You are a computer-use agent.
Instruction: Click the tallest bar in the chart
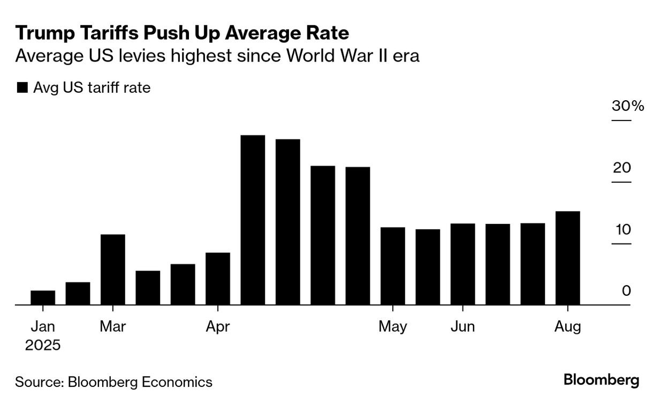coord(253,220)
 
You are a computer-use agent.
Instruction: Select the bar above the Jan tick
coord(43,297)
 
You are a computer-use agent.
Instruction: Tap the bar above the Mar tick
coord(113,270)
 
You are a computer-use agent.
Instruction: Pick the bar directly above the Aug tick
coord(567,258)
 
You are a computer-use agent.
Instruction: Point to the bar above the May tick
coord(393,266)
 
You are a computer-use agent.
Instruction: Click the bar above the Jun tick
coord(462,264)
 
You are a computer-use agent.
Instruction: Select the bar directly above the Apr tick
coord(218,279)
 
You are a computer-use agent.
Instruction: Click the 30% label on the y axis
coord(628,106)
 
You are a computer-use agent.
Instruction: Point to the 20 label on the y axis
coord(622,168)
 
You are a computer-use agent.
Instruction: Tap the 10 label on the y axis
coord(622,229)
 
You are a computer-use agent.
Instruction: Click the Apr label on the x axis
coord(217,326)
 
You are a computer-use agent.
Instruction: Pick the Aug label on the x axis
coord(567,326)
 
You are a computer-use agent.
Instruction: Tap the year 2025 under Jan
coord(43,345)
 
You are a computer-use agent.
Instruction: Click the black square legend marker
coord(22,88)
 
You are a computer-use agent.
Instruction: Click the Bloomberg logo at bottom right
coord(601,381)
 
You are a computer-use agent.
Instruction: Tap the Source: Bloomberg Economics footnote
coord(113,382)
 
